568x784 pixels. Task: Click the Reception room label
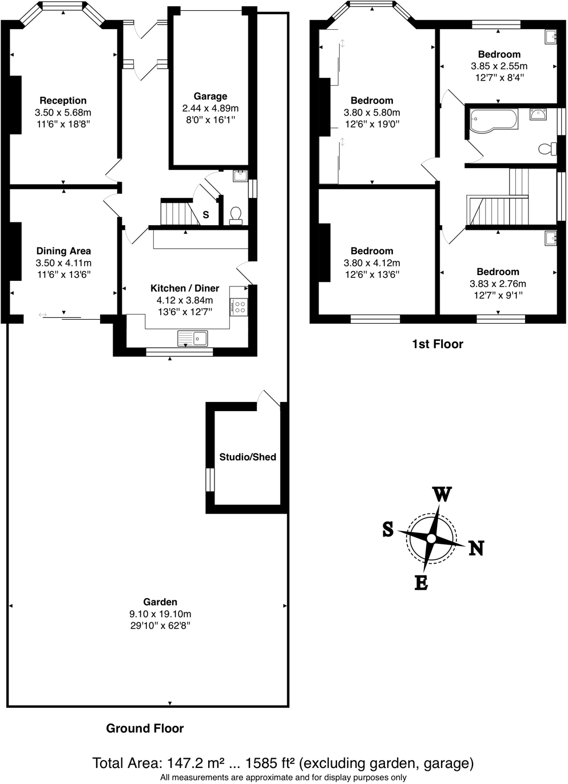click(63, 101)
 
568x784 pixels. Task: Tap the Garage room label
click(210, 97)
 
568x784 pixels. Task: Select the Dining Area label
click(63, 251)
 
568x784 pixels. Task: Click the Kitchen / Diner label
click(184, 288)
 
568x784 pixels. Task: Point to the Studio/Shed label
click(248, 457)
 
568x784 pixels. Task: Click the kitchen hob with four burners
click(239, 307)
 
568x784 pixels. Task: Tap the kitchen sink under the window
click(193, 339)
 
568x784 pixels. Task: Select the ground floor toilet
click(236, 215)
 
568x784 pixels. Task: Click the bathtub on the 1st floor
click(492, 121)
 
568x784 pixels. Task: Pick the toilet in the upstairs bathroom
click(547, 149)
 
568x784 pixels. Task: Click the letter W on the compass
click(442, 494)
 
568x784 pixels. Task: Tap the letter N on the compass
click(476, 548)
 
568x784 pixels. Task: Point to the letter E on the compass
click(421, 583)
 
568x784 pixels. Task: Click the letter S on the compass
click(388, 530)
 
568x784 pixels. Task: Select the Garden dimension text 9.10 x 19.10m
click(160, 614)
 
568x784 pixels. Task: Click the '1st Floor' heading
click(437, 344)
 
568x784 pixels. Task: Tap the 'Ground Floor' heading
click(145, 729)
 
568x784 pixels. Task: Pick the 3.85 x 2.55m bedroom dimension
click(499, 66)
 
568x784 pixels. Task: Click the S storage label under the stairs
click(206, 215)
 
